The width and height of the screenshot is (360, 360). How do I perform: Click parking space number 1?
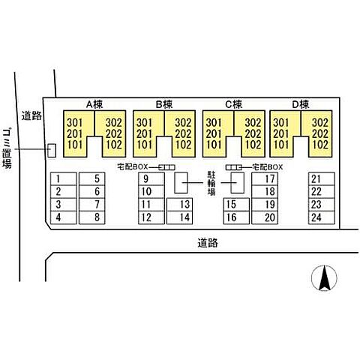click(64, 179)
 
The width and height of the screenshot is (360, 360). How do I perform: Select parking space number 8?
click(92, 217)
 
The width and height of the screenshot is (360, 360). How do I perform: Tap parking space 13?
click(179, 205)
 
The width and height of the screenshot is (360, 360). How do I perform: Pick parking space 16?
click(236, 217)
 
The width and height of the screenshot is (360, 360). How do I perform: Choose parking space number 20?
click(265, 217)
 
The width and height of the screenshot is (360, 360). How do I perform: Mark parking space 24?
click(322, 217)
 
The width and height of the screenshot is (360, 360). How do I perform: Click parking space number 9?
click(151, 179)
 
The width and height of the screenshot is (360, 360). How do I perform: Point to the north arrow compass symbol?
click(324, 277)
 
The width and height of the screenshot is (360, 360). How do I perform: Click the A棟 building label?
click(94, 104)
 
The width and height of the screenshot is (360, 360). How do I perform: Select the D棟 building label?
click(301, 104)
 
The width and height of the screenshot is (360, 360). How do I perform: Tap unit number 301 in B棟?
click(144, 123)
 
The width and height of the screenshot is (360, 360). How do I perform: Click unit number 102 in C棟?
click(253, 145)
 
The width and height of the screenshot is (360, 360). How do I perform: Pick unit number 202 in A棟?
click(114, 133)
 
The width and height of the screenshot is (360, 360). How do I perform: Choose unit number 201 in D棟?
click(281, 133)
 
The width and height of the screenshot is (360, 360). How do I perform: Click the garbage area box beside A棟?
click(52, 151)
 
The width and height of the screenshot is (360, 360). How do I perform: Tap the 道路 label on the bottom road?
click(208, 243)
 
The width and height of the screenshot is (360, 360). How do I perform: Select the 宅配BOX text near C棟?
click(268, 167)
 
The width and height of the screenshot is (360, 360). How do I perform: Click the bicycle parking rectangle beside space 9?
click(181, 183)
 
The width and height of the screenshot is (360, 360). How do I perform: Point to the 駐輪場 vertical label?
click(211, 183)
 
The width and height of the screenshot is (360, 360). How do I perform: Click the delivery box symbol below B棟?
click(166, 167)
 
